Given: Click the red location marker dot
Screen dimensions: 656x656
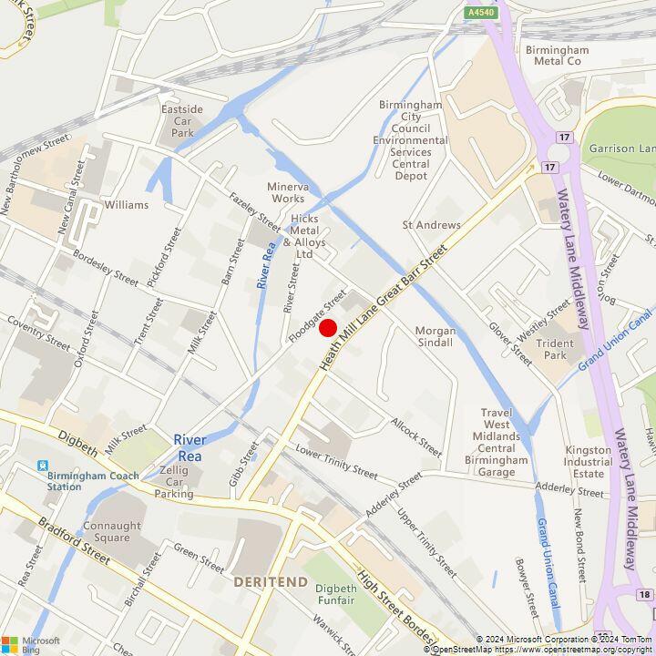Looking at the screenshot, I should pos(328,328).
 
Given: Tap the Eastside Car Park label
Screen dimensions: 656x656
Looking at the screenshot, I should pos(182,121).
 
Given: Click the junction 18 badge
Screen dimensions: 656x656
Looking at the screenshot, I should pos(645,594).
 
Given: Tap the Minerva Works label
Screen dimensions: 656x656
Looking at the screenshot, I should pos(287,192).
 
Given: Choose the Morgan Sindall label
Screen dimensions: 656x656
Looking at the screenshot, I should pos(434,336).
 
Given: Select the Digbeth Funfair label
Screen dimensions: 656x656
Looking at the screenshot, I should pos(336,594).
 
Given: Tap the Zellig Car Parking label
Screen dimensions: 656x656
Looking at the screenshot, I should pos(173,481).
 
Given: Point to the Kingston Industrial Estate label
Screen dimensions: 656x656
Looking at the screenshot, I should pos(589,461).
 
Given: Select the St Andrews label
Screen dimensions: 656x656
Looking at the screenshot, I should pos(432,224).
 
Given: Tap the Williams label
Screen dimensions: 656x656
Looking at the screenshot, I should pos(126,205).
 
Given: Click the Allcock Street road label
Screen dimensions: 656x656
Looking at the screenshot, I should pos(416,438).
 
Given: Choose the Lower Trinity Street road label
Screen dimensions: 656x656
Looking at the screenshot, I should pos(336,463).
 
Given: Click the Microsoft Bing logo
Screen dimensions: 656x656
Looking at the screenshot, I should pos(30,643).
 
